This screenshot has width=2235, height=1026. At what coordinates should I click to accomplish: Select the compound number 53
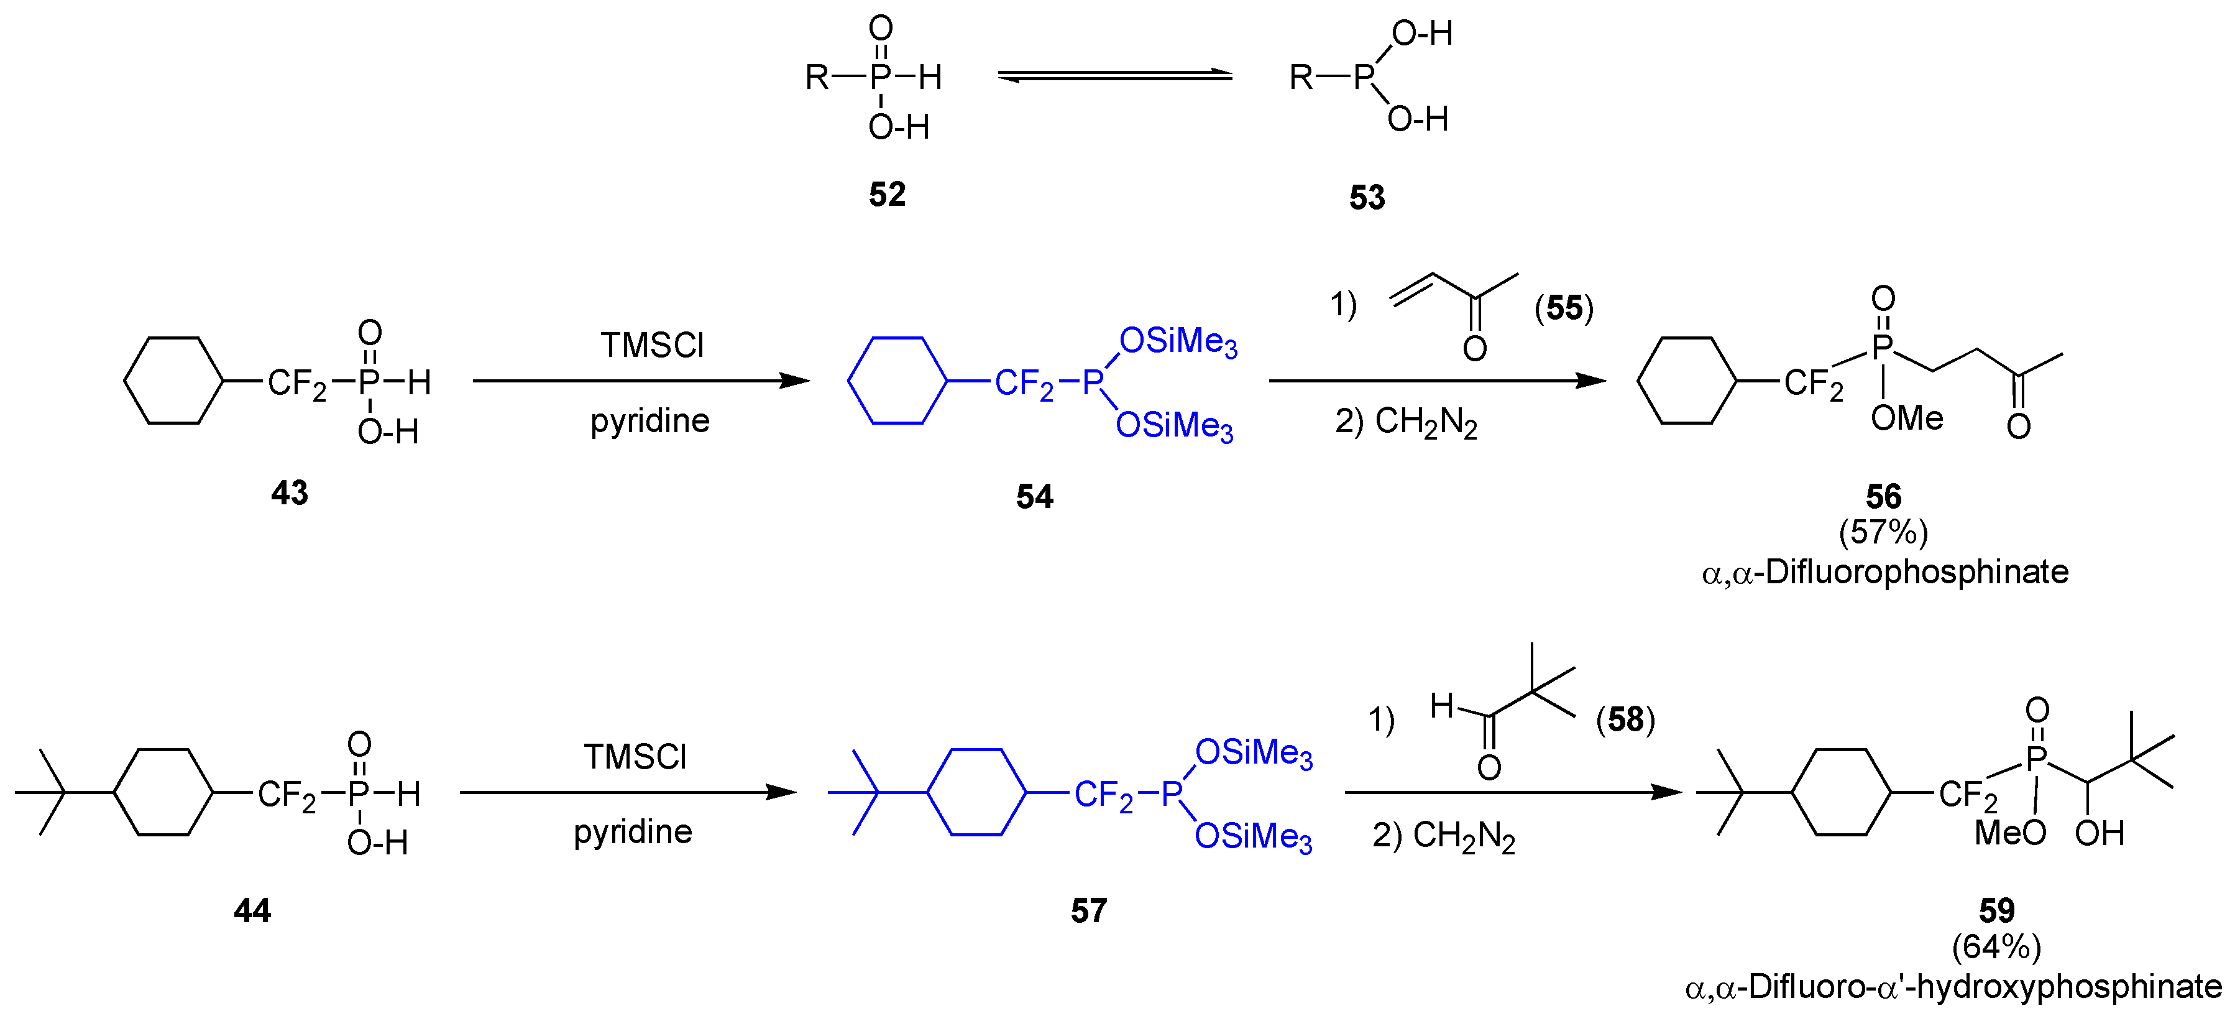pyautogui.click(x=1367, y=198)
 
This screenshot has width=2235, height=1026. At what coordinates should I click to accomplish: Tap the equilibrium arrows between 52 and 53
pyautogui.click(x=1115, y=77)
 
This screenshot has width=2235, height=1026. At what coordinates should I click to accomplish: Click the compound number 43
pyautogui.click(x=289, y=493)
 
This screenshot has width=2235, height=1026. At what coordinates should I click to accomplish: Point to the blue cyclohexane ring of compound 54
pyautogui.click(x=896, y=380)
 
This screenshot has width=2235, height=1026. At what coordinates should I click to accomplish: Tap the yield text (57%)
pyautogui.click(x=1883, y=531)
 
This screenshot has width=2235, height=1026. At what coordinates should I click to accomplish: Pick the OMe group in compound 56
pyautogui.click(x=1906, y=418)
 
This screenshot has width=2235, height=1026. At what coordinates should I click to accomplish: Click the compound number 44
pyautogui.click(x=252, y=910)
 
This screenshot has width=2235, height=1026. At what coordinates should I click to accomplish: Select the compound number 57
pyautogui.click(x=1088, y=910)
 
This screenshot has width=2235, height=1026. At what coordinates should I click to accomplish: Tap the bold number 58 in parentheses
pyautogui.click(x=1625, y=719)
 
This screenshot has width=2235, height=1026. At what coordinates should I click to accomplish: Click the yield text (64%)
pyautogui.click(x=1996, y=946)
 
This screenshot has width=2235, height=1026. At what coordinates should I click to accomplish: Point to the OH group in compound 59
pyautogui.click(x=2099, y=833)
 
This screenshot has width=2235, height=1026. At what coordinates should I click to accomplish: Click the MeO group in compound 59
pyautogui.click(x=2009, y=833)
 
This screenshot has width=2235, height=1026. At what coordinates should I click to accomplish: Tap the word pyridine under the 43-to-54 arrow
pyautogui.click(x=650, y=422)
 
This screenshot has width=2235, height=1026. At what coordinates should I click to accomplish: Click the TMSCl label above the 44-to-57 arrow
pyautogui.click(x=635, y=757)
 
